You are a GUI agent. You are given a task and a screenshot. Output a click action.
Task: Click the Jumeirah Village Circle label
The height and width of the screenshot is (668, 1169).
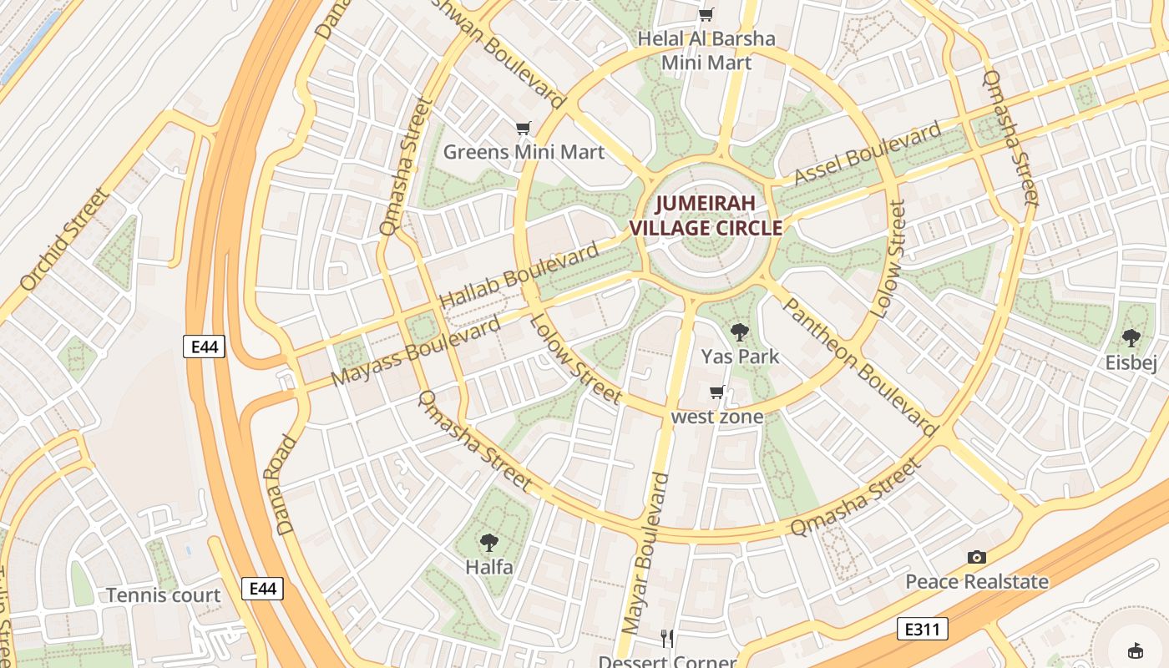click(x=706, y=215)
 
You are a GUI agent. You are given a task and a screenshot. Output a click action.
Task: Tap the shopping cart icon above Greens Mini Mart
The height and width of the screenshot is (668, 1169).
click(x=524, y=128)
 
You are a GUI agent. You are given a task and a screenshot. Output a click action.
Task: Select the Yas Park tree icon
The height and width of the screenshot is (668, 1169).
click(x=739, y=332)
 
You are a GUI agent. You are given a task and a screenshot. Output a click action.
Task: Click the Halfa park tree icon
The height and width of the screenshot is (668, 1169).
click(x=489, y=543)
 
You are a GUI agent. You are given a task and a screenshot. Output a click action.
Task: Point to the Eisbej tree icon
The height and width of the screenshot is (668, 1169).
click(x=1131, y=338)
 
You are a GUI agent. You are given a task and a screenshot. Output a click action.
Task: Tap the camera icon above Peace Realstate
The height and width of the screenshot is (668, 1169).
click(x=976, y=557)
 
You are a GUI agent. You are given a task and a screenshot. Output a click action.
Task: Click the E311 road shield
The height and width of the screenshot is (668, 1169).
click(x=923, y=629)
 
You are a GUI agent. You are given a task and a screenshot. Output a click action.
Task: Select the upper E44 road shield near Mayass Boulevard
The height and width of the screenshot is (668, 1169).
click(x=205, y=346)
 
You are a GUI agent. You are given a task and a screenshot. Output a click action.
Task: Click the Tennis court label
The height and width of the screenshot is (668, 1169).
click(x=163, y=595)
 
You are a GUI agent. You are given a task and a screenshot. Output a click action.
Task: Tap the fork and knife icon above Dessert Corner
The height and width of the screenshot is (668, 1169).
click(x=666, y=639)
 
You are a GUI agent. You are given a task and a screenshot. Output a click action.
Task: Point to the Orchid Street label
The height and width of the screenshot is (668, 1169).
click(x=64, y=240)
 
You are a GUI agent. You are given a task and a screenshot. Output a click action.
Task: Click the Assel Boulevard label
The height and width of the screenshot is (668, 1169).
click(x=868, y=153)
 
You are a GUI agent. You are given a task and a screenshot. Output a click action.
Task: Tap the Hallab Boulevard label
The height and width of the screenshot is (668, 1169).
click(x=519, y=274)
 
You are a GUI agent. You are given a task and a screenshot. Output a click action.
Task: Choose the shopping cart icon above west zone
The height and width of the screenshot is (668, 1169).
click(x=716, y=392)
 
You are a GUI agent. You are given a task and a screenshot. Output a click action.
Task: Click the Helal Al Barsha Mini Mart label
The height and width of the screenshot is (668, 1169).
click(x=706, y=50)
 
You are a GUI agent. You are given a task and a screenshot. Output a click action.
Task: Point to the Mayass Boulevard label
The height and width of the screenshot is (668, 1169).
click(x=416, y=351)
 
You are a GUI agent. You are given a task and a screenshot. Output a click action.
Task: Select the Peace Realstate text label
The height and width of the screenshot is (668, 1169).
click(x=977, y=581)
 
